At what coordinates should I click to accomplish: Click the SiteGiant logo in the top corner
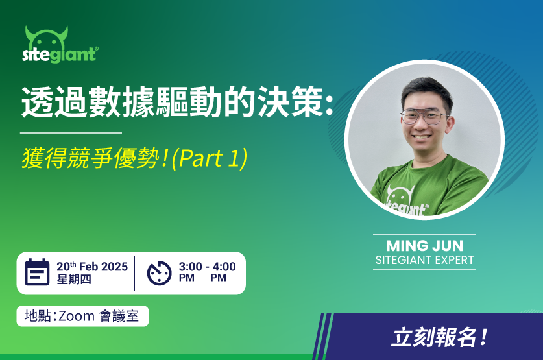coord(60,45)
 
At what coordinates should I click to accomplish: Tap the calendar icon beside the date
coord(37,272)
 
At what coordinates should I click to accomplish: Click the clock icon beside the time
coord(160,273)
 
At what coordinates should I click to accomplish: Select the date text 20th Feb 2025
coord(92,266)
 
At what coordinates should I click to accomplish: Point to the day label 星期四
coord(74,279)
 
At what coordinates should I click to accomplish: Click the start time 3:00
coord(191,267)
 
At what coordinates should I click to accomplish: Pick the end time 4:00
coord(224,267)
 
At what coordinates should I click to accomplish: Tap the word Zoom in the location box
coord(77,316)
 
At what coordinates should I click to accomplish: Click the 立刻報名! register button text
coord(439,337)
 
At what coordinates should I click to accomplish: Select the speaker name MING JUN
coord(424,246)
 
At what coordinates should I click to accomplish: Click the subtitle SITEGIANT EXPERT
coord(424,260)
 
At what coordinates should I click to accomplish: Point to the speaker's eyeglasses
coord(424,117)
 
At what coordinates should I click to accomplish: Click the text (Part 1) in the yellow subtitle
coord(210,158)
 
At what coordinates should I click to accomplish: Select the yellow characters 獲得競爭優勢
coord(90,158)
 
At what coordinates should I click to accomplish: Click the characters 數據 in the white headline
coord(121,102)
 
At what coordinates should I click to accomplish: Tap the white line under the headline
coord(71,132)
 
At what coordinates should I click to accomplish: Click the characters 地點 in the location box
coord(38,316)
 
